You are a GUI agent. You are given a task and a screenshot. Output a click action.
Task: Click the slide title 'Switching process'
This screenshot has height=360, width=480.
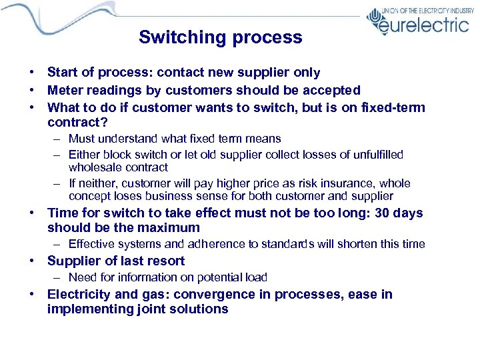coord(220,37)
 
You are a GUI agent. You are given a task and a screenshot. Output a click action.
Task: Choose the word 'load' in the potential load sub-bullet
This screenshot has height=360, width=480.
coord(256,277)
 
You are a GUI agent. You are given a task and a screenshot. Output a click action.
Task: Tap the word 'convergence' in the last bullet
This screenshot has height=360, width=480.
coord(200,294)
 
